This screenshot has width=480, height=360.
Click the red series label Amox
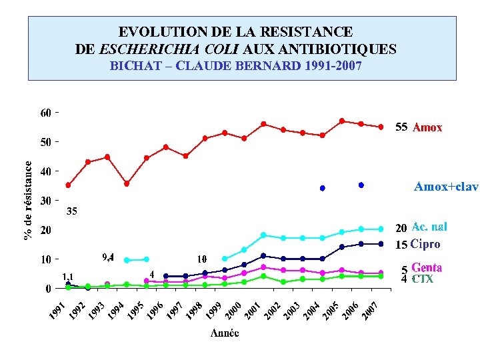point(427,127)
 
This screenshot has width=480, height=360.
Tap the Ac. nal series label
point(429,227)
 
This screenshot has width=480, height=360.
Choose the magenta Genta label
point(427,268)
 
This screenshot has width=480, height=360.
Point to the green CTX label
point(423,279)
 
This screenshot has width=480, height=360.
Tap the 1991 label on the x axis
point(59,310)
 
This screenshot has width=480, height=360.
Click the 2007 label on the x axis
point(371,310)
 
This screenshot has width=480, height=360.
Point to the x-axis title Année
point(225,333)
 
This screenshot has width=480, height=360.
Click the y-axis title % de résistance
point(28,200)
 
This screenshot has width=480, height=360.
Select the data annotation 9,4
point(107,257)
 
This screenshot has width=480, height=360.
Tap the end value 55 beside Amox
point(401,127)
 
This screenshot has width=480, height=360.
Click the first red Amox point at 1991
point(68,185)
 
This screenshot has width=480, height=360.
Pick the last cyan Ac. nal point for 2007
point(381,229)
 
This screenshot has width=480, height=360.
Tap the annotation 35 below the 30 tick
point(72,211)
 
